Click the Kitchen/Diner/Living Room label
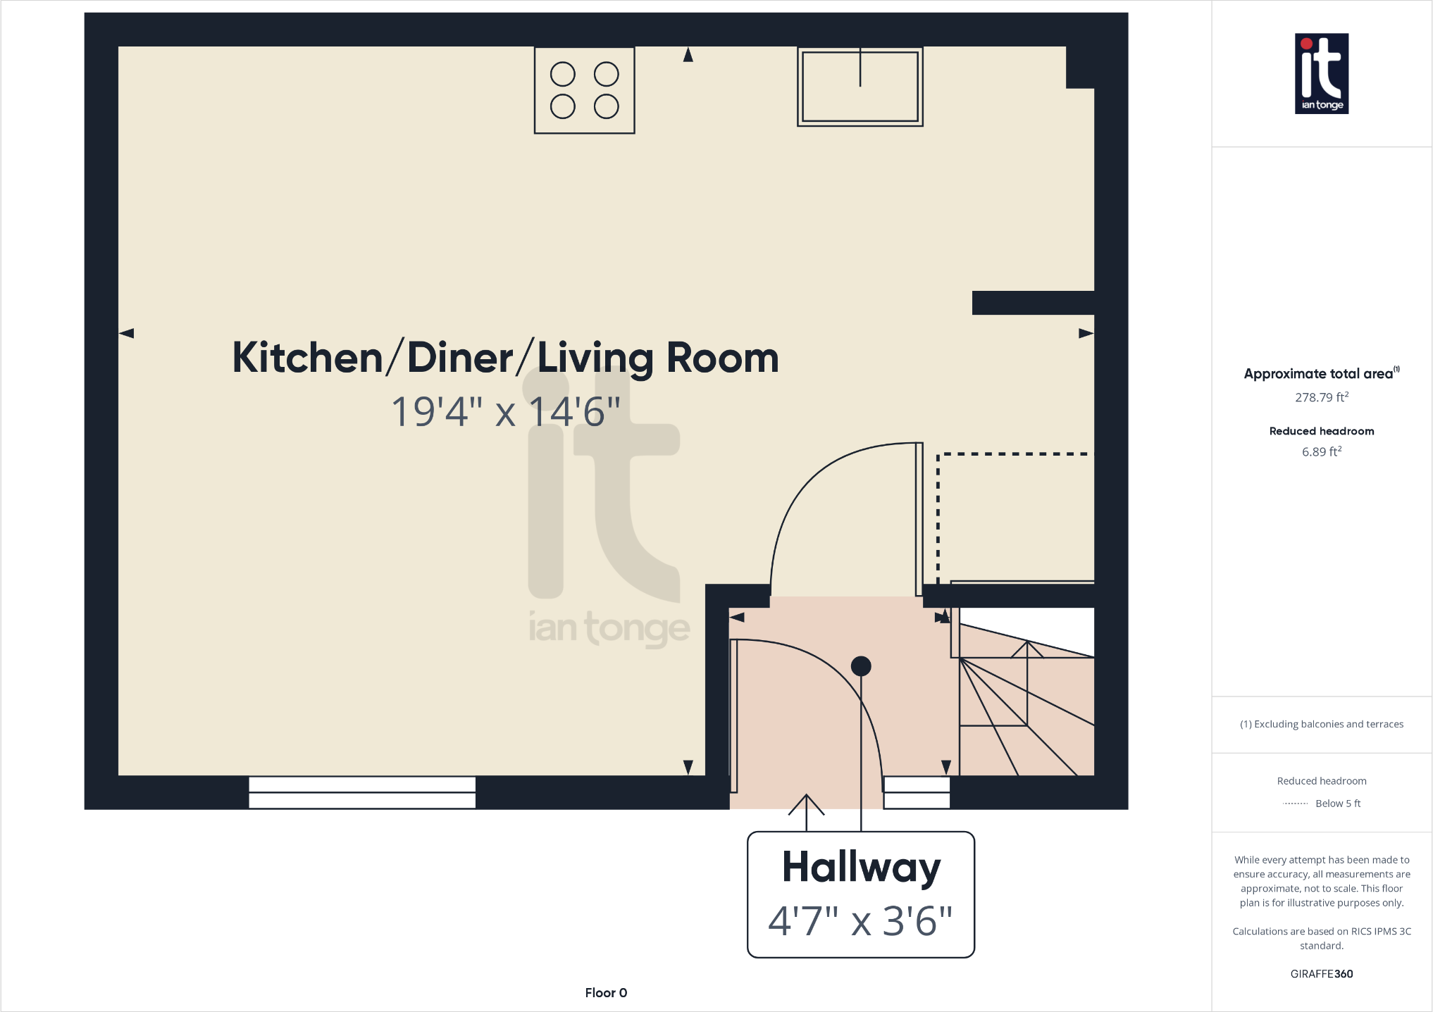pos(505,358)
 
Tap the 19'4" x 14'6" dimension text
pos(505,411)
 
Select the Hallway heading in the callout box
pos(861,868)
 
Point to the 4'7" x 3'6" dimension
pos(860,920)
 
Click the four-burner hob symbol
pos(584,90)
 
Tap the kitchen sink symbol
pos(860,87)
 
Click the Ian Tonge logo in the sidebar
pos(1321,73)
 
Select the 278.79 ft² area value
pos(1321,397)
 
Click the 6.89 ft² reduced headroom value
pos(1321,452)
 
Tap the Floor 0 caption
pos(606,992)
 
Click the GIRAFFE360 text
pos(1321,974)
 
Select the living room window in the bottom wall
pos(362,792)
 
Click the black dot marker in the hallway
pos(861,666)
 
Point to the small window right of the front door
pos(917,792)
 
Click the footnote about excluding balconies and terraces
pos(1321,724)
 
